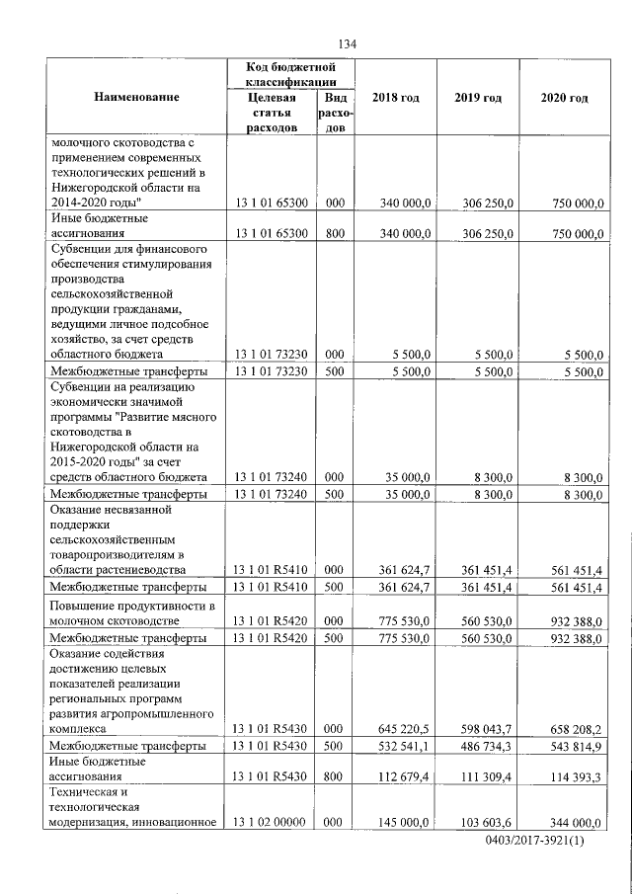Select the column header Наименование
(x=137, y=98)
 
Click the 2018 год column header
(x=395, y=98)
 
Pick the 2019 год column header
(x=478, y=98)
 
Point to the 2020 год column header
(x=565, y=98)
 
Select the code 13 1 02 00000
(x=270, y=823)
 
